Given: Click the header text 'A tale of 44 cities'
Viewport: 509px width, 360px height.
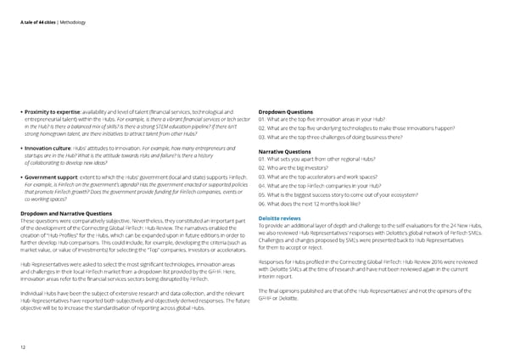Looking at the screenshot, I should point(33,9).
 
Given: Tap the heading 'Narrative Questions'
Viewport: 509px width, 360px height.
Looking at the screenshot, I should point(286,152).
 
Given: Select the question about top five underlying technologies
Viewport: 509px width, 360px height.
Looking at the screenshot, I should point(373,127).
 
